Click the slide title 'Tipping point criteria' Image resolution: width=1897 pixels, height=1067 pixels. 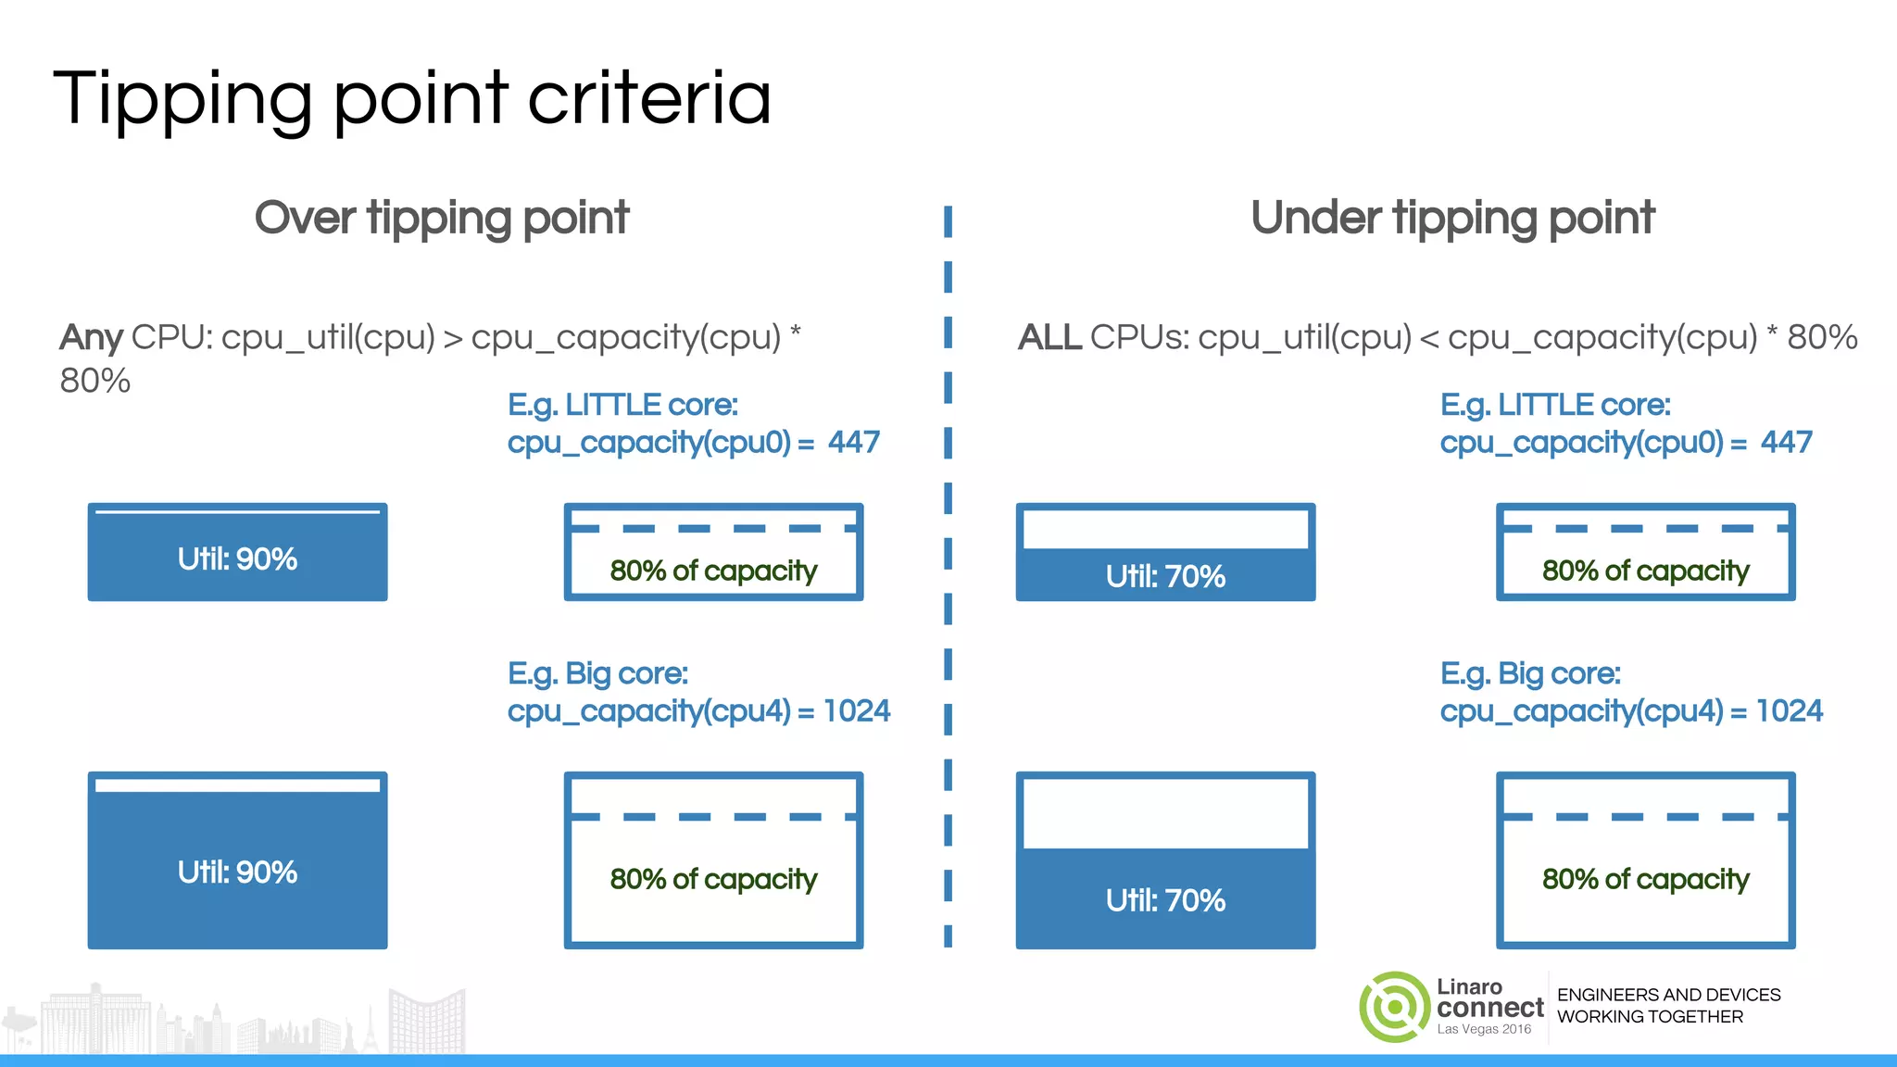tap(412, 100)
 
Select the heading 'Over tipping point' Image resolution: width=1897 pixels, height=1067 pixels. tap(442, 219)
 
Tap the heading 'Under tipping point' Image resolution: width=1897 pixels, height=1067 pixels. tap(1451, 219)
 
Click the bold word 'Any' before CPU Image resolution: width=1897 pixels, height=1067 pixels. tap(91, 337)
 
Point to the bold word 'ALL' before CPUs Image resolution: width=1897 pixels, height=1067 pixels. tap(1049, 337)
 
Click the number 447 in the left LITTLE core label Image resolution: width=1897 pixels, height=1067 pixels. tap(854, 443)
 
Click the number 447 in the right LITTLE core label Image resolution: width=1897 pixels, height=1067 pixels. tap(1787, 443)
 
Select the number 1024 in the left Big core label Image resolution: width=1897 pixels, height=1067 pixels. tap(857, 711)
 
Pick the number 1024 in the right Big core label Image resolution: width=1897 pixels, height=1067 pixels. tap(1790, 711)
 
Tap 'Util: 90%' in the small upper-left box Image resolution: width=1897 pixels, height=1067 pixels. tap(237, 559)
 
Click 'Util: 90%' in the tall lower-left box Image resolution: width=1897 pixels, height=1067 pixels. tap(237, 872)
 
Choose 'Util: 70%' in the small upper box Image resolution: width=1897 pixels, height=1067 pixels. tap(1165, 577)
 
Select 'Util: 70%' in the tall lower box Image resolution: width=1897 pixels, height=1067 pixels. tap(1165, 900)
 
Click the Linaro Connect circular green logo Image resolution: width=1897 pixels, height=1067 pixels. tap(1394, 1007)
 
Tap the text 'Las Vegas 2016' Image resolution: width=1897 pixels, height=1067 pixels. tap(1484, 1029)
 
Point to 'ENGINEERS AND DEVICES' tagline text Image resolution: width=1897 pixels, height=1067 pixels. tap(1668, 995)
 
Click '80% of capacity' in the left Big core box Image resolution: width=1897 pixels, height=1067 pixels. tap(713, 879)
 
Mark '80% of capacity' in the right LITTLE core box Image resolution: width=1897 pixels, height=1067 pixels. tap(1645, 571)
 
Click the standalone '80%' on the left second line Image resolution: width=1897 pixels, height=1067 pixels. tap(94, 381)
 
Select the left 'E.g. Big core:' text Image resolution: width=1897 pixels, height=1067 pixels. tap(597, 673)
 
